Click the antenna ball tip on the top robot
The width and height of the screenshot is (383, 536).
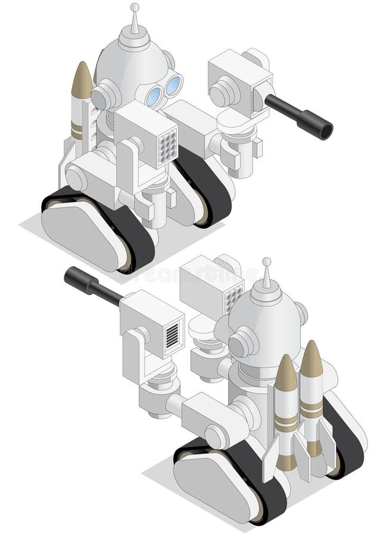(135, 7)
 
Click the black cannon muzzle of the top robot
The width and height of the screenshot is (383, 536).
(325, 130)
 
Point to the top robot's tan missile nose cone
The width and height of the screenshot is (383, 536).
(82, 80)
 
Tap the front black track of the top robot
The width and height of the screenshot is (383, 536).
(134, 238)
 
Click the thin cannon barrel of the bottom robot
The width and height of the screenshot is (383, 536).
(107, 292)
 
